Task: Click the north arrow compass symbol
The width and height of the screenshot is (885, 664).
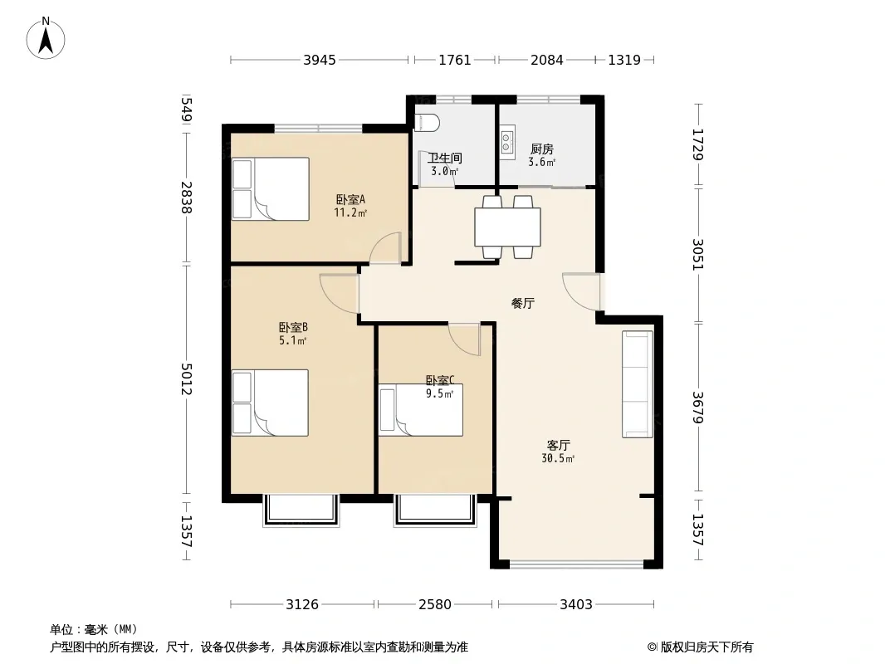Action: pos(46,38)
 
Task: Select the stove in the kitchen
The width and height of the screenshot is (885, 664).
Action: pos(507,142)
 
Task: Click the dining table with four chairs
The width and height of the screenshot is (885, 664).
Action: pos(507,227)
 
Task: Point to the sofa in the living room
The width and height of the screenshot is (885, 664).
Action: pos(638,384)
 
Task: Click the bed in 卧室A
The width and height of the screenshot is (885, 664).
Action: pos(271,188)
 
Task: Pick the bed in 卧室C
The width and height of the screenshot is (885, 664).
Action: pos(421,410)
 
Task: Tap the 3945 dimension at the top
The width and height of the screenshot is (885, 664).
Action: pos(320,60)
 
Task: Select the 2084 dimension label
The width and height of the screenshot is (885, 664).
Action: pos(546,60)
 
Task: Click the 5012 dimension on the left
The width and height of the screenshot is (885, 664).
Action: pos(187,378)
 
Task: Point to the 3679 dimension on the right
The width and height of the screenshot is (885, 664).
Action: pos(698,408)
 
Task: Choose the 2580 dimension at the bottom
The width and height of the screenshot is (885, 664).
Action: pos(434,605)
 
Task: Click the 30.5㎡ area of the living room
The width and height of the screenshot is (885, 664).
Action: pos(558,459)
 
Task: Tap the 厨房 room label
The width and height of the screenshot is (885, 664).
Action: pos(542,149)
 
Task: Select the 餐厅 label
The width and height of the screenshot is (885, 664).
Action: pos(523,304)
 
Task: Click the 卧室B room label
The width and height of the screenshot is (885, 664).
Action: pos(293,328)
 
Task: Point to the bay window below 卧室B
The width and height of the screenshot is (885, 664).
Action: pos(301,510)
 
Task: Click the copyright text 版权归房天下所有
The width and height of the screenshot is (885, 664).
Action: pos(707,647)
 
